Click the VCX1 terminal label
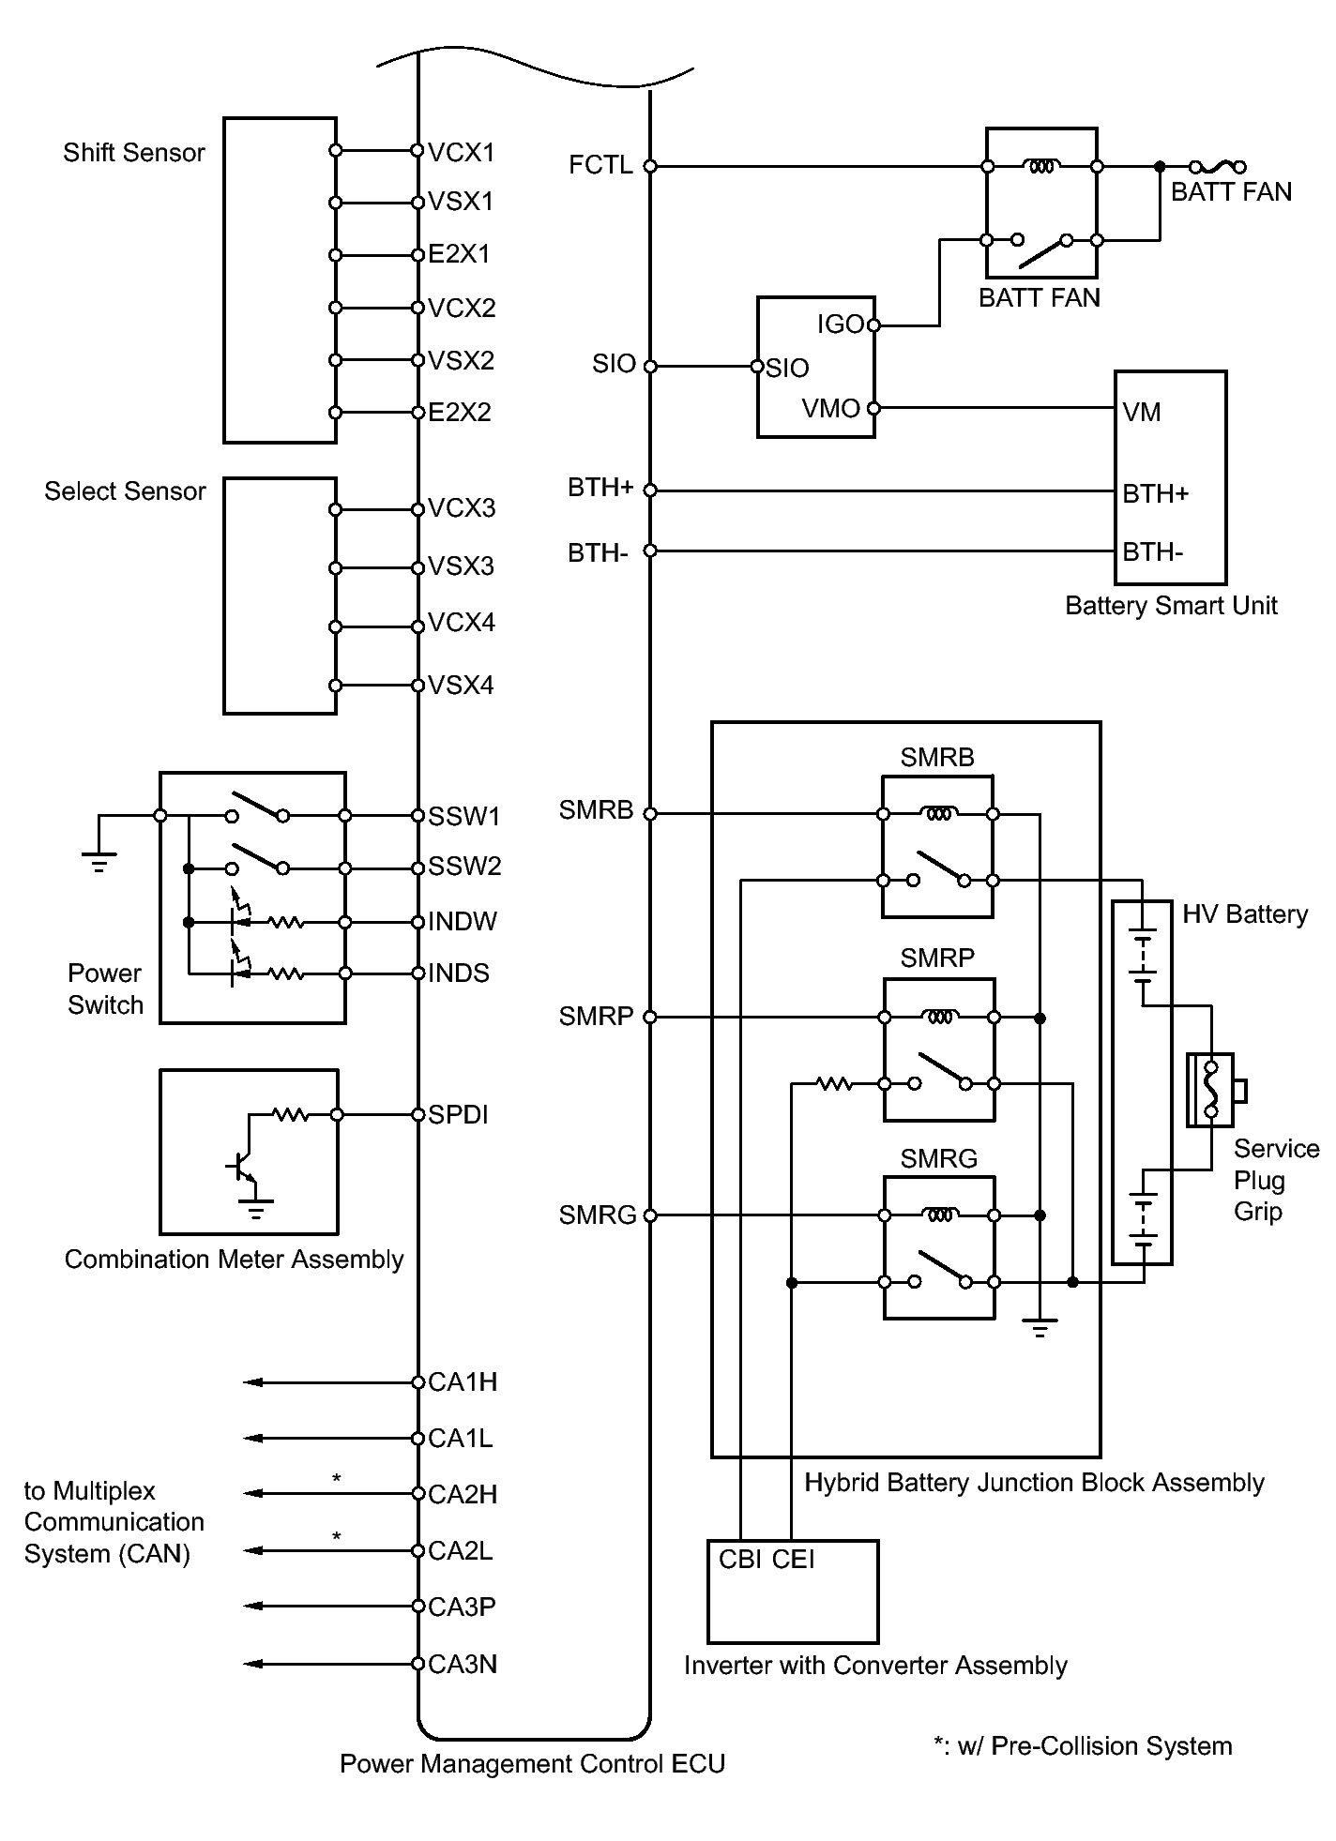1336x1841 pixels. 461,152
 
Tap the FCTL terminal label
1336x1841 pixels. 600,166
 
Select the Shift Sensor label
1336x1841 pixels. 134,153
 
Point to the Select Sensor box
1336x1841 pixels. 280,596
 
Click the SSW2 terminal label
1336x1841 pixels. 464,867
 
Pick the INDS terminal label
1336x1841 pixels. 459,973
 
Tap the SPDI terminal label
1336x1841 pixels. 458,1115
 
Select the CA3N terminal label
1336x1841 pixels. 463,1665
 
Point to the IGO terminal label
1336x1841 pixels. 840,324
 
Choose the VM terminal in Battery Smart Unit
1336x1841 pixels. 1142,413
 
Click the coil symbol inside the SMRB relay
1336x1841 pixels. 938,814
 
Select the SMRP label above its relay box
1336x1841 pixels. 937,958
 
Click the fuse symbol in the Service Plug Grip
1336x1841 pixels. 1211,1090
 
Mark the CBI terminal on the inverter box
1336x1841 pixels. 739,1560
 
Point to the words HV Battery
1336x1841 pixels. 1245,914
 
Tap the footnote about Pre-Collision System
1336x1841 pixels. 1083,1746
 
